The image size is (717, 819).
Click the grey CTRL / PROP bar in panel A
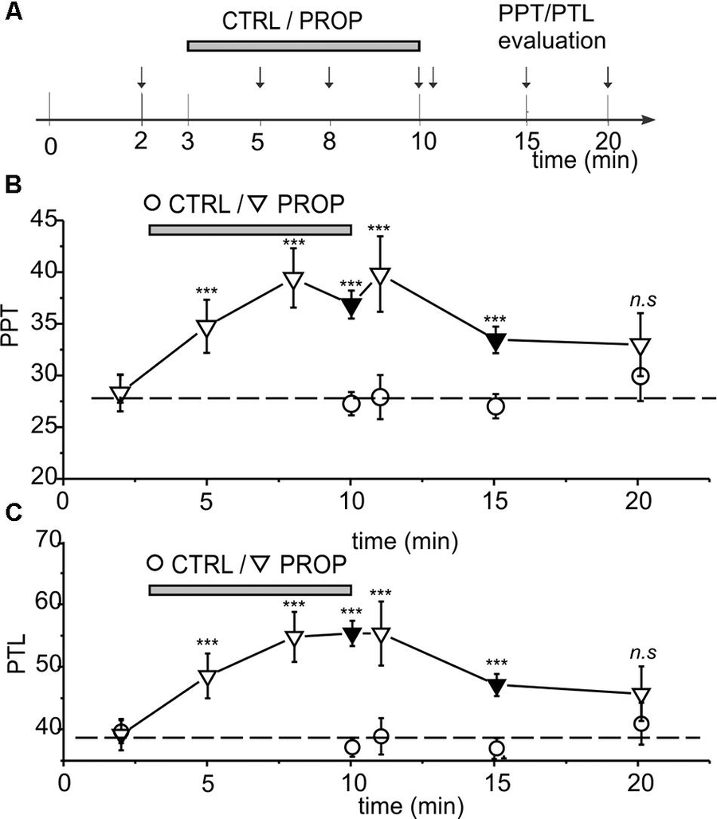pyautogui.click(x=303, y=46)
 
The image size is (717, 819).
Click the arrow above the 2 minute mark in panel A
pyautogui.click(x=141, y=76)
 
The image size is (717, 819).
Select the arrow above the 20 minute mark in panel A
pyautogui.click(x=608, y=76)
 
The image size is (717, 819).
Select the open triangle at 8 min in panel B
pyautogui.click(x=293, y=281)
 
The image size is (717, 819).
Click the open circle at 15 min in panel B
pyautogui.click(x=496, y=406)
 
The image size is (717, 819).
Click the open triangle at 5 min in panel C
pyautogui.click(x=207, y=679)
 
